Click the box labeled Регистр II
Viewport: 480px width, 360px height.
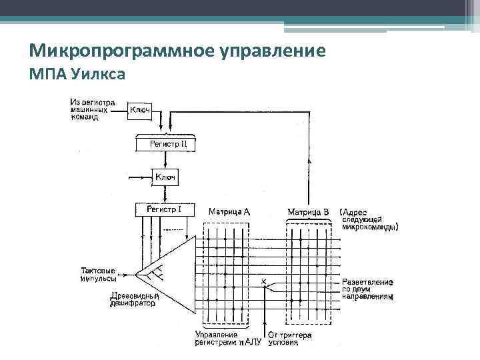click(x=168, y=144)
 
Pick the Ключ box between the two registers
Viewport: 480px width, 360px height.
click(x=165, y=177)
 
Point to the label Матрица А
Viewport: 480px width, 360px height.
click(x=229, y=212)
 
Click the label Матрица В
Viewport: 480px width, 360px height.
click(x=309, y=212)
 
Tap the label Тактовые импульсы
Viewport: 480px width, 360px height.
click(x=98, y=274)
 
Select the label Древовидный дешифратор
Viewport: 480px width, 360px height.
click(x=133, y=299)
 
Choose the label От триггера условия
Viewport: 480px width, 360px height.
click(x=289, y=338)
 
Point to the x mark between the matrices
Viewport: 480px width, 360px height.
click(x=264, y=282)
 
